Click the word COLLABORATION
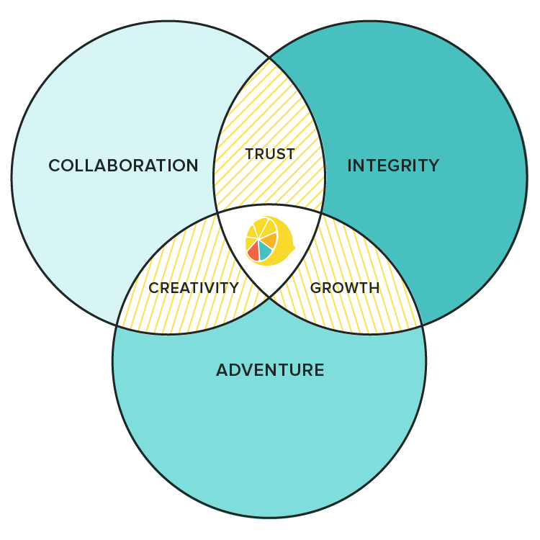tap(123, 166)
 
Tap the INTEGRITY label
tap(393, 166)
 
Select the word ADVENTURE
tap(270, 370)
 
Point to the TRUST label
tap(270, 154)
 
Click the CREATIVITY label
tap(194, 288)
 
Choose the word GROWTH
tap(345, 288)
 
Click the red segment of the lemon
tap(253, 251)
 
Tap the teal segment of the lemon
tap(264, 251)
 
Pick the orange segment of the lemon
tap(269, 240)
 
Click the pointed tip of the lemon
tap(294, 247)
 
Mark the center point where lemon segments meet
tap(258, 238)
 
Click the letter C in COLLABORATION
tap(55, 166)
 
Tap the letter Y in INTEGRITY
tap(433, 166)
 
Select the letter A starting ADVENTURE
tap(222, 370)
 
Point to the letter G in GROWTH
tap(316, 288)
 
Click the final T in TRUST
tap(290, 154)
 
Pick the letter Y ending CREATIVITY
tap(233, 288)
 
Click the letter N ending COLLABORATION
tap(192, 166)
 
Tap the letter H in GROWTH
tap(374, 288)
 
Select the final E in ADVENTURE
tap(319, 370)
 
